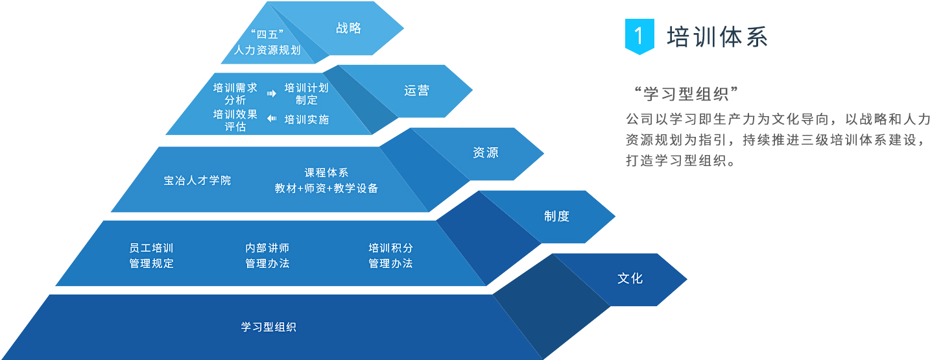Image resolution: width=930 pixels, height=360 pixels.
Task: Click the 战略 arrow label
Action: [348, 28]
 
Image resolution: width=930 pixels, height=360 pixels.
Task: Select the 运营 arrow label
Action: [416, 91]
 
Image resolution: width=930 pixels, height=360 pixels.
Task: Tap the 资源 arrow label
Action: [486, 154]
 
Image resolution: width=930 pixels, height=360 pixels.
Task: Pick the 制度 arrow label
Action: [556, 216]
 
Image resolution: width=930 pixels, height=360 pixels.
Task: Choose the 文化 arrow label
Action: [630, 278]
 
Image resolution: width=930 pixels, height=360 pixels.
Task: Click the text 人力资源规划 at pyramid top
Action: [267, 50]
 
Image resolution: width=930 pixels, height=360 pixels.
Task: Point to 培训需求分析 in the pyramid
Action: [235, 93]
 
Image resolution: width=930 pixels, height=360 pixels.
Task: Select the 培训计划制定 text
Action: [307, 93]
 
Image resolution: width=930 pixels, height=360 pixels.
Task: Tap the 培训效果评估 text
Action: [235, 120]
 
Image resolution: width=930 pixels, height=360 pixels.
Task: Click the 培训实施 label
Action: [307, 119]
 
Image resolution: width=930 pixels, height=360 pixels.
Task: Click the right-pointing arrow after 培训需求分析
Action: [272, 93]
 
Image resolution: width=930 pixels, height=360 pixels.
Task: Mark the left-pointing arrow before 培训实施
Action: [272, 119]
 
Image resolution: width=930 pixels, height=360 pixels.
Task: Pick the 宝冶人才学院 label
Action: [197, 180]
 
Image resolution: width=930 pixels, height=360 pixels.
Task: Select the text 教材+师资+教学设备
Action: [326, 189]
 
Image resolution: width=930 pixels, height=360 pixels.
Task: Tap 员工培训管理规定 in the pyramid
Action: [152, 256]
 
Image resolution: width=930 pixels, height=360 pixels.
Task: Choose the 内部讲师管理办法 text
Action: [267, 256]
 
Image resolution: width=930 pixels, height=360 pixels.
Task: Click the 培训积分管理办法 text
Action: [390, 256]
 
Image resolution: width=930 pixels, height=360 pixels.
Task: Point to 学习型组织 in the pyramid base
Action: [268, 327]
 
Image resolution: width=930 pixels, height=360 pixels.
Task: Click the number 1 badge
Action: [639, 36]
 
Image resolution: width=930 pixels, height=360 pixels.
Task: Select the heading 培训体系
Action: [717, 36]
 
